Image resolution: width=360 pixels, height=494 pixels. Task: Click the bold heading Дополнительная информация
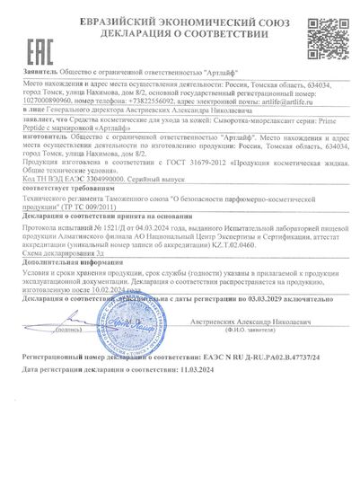pos(67,258)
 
